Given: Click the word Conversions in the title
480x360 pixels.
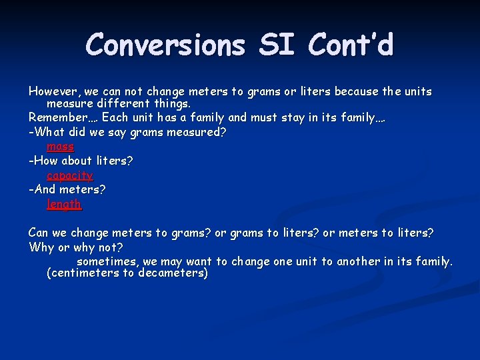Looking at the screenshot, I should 165,45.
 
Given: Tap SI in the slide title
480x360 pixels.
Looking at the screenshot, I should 276,45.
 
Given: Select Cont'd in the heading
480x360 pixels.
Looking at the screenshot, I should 351,45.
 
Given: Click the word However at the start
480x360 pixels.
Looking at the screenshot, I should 53,91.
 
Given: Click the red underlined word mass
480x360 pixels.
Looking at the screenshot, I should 60,146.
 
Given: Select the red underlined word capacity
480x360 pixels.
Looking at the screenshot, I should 69,175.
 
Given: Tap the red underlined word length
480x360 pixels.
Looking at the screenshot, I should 64,204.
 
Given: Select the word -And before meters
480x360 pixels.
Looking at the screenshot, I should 42,189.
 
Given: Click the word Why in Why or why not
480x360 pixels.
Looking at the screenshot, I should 41,247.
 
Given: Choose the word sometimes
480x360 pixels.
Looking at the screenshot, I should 107,261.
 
